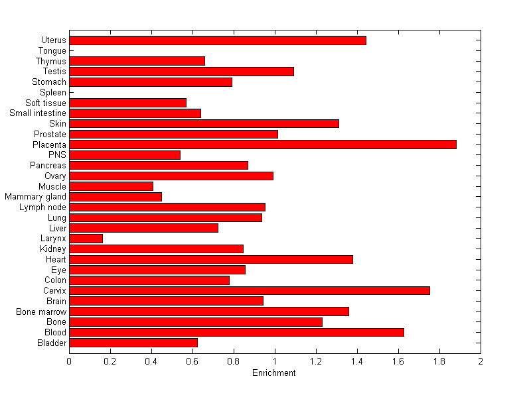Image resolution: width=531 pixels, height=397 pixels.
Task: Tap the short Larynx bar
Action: (x=86, y=238)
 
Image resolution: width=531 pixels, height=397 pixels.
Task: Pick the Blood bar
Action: (x=236, y=332)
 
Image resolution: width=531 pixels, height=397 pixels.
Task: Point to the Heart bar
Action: (x=211, y=259)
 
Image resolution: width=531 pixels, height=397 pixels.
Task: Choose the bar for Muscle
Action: (x=111, y=186)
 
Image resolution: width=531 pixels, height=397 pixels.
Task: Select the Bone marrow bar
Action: (x=209, y=312)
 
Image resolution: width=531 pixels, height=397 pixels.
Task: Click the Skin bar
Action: (x=204, y=123)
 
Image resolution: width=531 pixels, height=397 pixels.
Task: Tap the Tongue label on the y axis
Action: (x=52, y=51)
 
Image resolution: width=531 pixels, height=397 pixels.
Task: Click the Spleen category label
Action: (x=53, y=93)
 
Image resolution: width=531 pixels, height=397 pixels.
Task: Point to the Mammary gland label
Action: (x=36, y=197)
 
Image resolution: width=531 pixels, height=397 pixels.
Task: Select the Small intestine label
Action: (x=38, y=113)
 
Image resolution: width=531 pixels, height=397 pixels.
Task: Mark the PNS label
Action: (x=58, y=155)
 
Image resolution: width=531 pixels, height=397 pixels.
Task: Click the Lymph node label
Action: (x=43, y=207)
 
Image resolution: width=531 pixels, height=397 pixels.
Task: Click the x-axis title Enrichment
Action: (x=274, y=373)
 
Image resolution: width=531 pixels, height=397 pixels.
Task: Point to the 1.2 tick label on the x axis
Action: (x=315, y=361)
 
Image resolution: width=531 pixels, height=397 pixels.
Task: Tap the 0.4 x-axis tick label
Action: (x=151, y=361)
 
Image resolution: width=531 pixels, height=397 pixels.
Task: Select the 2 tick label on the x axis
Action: (x=480, y=361)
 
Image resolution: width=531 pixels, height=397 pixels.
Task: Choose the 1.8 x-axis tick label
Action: (x=439, y=361)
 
